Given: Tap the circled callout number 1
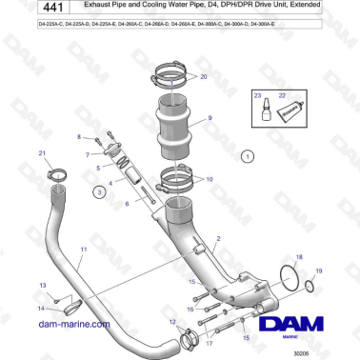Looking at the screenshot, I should tap(248, 154).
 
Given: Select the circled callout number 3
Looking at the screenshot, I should tap(99, 191).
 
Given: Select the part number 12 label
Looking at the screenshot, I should tap(172, 323).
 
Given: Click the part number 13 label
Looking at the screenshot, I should tap(41, 286).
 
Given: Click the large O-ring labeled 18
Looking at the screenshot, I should tap(287, 278).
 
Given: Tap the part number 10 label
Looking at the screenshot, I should tap(209, 177).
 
